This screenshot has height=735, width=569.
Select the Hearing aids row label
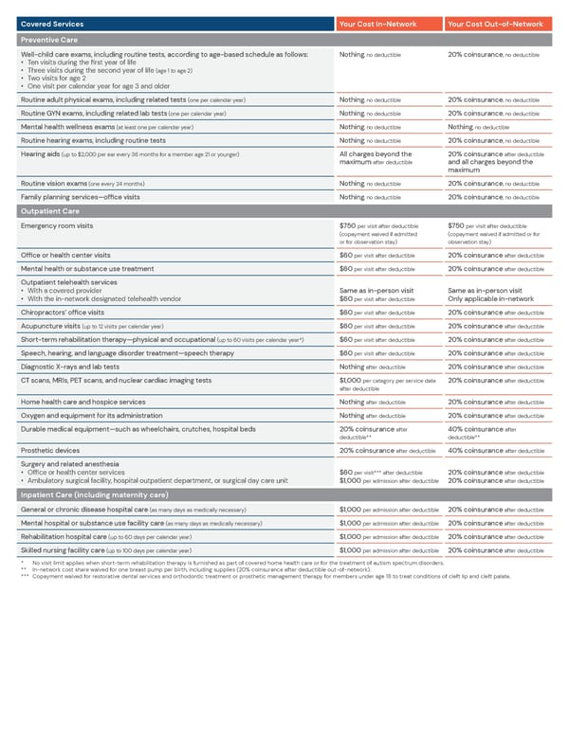(x=41, y=154)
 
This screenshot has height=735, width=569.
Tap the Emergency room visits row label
(x=57, y=225)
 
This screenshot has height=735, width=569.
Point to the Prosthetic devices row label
(x=49, y=450)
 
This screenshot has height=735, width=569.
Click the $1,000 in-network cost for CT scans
(x=349, y=380)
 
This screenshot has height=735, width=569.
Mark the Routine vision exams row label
(x=57, y=183)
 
